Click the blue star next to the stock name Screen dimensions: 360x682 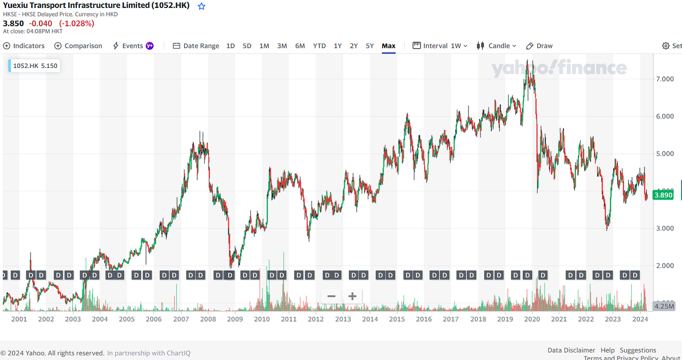[201, 7]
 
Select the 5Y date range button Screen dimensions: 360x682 [370, 46]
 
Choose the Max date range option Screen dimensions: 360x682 [388, 46]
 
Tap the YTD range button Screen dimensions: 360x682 [319, 46]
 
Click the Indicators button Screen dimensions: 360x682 [24, 46]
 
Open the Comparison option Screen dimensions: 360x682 [78, 46]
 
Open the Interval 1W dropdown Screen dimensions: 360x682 [440, 46]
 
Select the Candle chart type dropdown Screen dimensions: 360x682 [497, 46]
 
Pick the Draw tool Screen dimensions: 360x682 [540, 46]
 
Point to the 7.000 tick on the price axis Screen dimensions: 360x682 [665, 79]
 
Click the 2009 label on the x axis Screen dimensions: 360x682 [235, 319]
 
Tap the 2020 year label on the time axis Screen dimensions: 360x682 [532, 319]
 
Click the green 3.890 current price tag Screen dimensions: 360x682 [663, 195]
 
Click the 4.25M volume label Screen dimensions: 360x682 [664, 306]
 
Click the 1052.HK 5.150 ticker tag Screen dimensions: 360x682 [35, 66]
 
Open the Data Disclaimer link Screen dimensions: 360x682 [571, 350]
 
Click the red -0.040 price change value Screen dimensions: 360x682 [40, 23]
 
